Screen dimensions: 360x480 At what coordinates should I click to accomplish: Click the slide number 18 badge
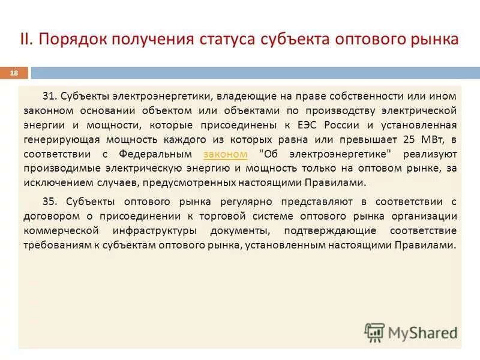(x=14, y=73)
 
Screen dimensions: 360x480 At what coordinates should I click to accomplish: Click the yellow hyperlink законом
(x=226, y=154)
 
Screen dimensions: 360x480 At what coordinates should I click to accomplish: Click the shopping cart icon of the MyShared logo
(x=374, y=331)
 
